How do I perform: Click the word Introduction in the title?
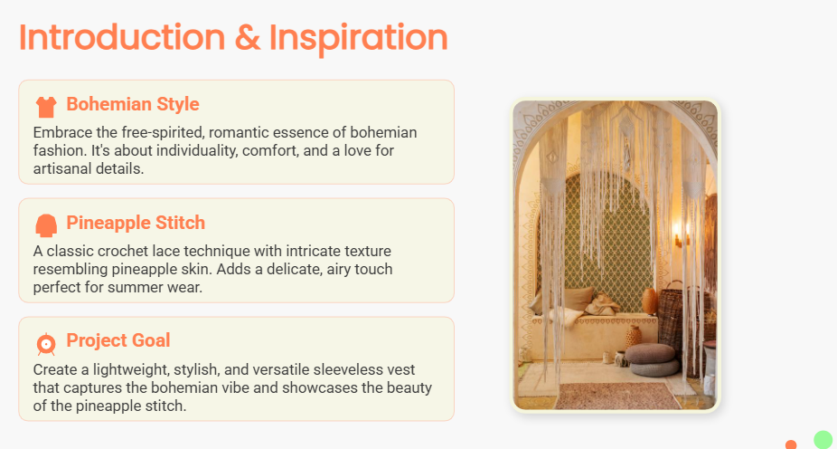click(122, 37)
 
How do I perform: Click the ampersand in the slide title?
click(248, 38)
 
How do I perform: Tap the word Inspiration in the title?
click(358, 40)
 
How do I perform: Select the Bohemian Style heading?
click(133, 104)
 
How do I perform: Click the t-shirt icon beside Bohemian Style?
click(46, 107)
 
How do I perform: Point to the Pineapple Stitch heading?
click(136, 223)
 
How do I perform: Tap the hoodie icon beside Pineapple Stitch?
click(46, 225)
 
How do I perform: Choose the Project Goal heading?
click(118, 340)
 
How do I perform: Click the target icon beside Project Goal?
click(46, 344)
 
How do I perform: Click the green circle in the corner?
click(823, 439)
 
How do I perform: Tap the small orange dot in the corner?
click(791, 444)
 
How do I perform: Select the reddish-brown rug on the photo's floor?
click(617, 396)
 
